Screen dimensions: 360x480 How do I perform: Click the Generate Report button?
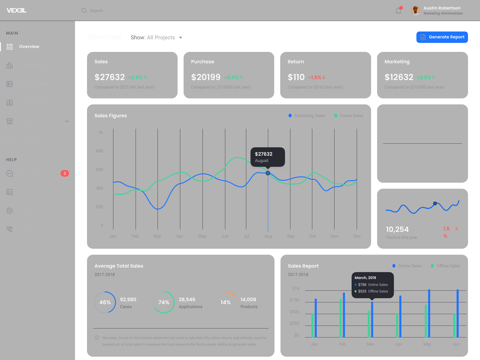click(442, 37)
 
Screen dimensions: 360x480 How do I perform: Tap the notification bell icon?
click(398, 11)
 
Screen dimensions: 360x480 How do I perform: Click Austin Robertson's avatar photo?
click(415, 10)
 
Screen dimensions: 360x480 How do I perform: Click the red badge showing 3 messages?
click(65, 173)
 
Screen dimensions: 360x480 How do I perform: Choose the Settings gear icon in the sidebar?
click(10, 211)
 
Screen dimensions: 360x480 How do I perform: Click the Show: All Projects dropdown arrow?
click(181, 38)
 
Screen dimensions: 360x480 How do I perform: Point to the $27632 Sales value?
click(109, 77)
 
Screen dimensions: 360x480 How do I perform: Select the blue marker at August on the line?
click(268, 173)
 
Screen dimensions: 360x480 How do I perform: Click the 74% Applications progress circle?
click(164, 302)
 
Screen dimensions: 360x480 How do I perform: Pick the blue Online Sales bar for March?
click(372, 319)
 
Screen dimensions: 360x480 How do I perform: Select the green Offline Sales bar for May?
click(426, 321)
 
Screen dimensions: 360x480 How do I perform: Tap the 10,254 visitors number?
click(397, 229)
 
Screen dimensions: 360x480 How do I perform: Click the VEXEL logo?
click(16, 10)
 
